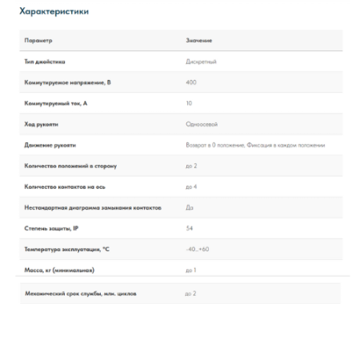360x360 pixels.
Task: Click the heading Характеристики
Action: click(54, 11)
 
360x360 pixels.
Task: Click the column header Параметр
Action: click(37, 40)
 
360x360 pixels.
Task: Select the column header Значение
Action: click(198, 40)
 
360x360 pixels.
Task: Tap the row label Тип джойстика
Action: click(45, 61)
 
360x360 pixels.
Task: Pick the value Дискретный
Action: click(201, 61)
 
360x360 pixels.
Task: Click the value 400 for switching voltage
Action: click(190, 82)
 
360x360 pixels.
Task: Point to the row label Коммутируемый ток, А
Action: click(56, 102)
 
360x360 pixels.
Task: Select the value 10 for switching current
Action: click(189, 102)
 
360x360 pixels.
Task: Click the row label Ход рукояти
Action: click(43, 123)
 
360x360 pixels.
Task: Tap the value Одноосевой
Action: click(202, 123)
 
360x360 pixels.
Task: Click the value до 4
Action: click(190, 186)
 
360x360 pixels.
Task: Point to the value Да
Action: click(189, 207)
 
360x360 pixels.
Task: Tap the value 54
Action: click(189, 228)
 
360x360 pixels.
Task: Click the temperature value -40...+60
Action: click(197, 250)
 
